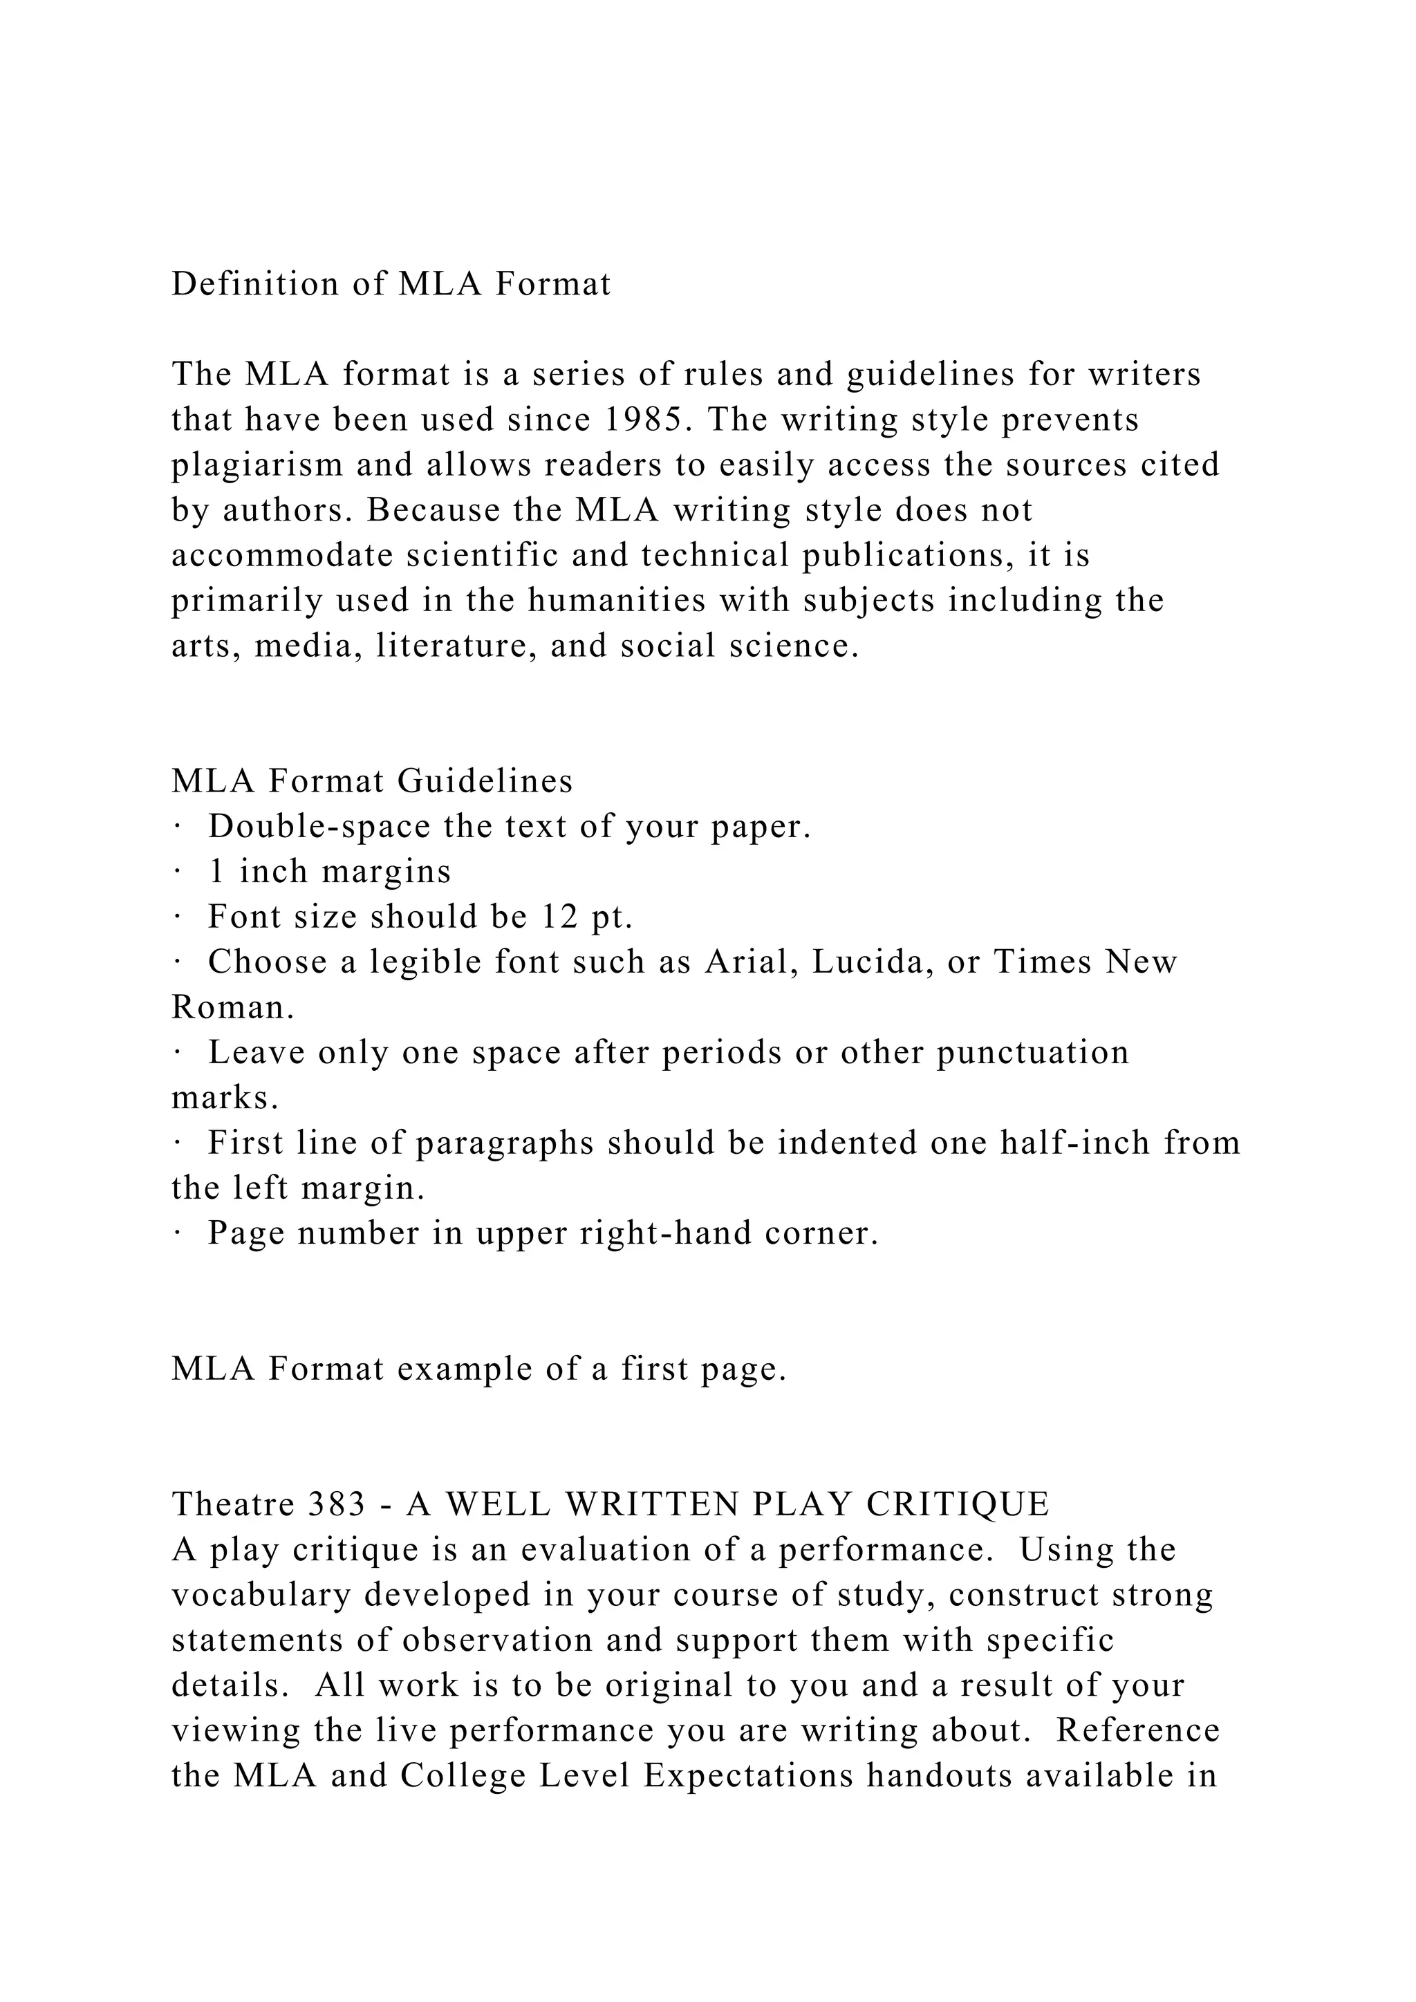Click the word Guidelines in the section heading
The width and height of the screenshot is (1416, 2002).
[485, 781]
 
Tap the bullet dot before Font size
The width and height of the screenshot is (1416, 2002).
[176, 917]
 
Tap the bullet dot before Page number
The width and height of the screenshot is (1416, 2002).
[176, 1234]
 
